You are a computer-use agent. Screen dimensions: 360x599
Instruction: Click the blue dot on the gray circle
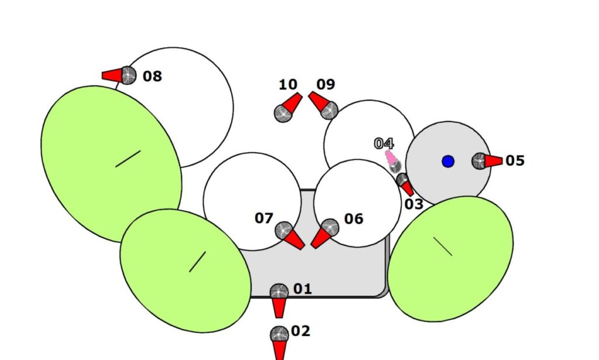click(x=448, y=161)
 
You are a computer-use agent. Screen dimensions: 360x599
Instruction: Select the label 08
click(x=152, y=76)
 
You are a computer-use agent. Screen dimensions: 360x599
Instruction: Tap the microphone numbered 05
click(x=486, y=160)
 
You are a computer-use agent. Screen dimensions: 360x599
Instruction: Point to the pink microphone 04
click(x=392, y=160)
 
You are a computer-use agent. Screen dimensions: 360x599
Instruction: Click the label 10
click(x=288, y=85)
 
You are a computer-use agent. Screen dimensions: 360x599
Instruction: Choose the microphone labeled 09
click(x=323, y=105)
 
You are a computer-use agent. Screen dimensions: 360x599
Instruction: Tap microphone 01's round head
click(x=279, y=291)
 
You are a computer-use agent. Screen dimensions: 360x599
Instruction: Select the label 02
click(x=301, y=331)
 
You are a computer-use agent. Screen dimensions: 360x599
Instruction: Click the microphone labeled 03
click(x=405, y=184)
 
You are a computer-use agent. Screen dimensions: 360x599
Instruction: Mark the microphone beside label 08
click(x=121, y=75)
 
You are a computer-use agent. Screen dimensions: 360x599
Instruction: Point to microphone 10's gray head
click(x=283, y=113)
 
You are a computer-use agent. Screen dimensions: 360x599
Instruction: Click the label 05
click(x=515, y=160)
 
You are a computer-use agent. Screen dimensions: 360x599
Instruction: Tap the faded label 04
click(x=384, y=143)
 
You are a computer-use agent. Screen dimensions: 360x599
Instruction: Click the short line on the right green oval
click(x=442, y=246)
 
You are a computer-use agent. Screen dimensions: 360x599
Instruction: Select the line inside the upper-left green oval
click(x=128, y=159)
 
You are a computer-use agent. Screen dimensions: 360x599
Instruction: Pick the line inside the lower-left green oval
click(x=198, y=262)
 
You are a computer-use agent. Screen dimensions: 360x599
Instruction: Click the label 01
click(x=302, y=289)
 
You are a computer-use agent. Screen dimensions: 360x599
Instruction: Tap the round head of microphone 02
click(x=279, y=335)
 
